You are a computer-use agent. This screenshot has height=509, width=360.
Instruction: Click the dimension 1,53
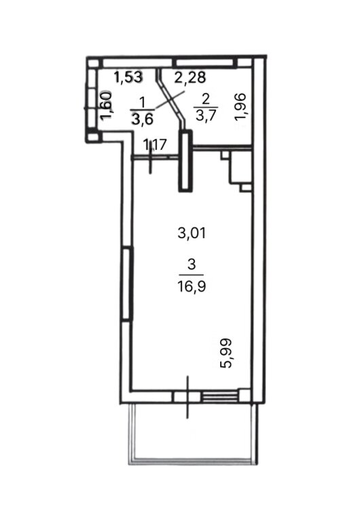pyautogui.click(x=128, y=77)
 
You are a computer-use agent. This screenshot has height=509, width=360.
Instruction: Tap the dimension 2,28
pyautogui.click(x=190, y=77)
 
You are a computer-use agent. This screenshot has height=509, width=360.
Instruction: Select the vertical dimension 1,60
pyautogui.click(x=105, y=106)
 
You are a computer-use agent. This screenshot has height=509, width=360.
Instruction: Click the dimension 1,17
pyautogui.click(x=155, y=145)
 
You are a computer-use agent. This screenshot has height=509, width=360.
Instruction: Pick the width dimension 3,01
pyautogui.click(x=192, y=233)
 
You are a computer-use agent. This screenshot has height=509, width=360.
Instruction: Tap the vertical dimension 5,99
pyautogui.click(x=226, y=354)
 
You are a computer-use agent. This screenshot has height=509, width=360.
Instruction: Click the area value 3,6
pyautogui.click(x=142, y=119)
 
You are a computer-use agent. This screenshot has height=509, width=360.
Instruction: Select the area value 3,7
pyautogui.click(x=206, y=115)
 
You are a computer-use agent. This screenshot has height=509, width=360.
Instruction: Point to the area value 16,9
pyautogui.click(x=192, y=286)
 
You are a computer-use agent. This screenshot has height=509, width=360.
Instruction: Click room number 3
pyautogui.click(x=192, y=265)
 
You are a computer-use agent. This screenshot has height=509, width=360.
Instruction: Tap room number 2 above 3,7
pyautogui.click(x=206, y=99)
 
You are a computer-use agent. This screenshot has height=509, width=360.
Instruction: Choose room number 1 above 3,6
pyautogui.click(x=142, y=103)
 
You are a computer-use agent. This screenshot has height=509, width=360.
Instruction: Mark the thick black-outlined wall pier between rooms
pyautogui.click(x=185, y=161)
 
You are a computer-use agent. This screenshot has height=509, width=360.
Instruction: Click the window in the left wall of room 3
pyautogui.click(x=127, y=284)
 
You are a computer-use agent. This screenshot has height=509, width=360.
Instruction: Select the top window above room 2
pyautogui.click(x=205, y=62)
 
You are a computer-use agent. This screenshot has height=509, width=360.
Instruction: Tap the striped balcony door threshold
pyautogui.click(x=219, y=397)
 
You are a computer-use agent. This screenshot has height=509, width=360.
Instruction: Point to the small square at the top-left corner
pyautogui.click(x=93, y=63)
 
